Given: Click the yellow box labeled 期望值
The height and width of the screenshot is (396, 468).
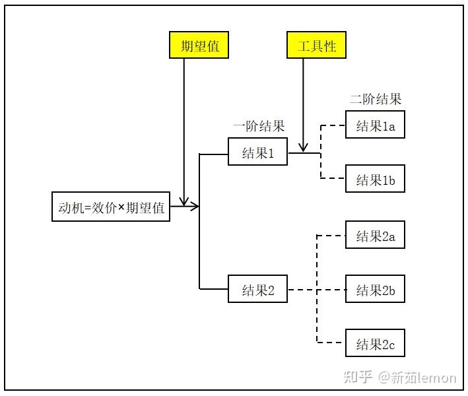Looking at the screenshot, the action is tap(199, 45).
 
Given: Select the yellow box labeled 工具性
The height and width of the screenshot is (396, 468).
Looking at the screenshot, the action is tap(316, 45).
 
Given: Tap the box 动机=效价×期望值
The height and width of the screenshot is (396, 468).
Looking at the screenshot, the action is tap(111, 207).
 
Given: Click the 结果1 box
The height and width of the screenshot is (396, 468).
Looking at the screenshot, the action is tap(257, 152).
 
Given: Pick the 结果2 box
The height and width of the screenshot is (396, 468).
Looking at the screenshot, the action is tap(257, 289).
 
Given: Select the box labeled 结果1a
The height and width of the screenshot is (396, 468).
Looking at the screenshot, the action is tap(375, 125).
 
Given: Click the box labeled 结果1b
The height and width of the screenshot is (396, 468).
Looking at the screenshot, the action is tap(375, 178).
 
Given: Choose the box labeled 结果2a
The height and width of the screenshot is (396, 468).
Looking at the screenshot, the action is tap(375, 235).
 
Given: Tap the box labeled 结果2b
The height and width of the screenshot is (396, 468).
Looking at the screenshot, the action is tap(375, 289).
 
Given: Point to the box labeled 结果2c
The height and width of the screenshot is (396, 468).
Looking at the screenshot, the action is tap(375, 343).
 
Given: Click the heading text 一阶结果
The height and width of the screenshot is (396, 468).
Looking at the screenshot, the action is tap(259, 126).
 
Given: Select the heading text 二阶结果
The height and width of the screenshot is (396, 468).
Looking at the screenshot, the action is tap(376, 99).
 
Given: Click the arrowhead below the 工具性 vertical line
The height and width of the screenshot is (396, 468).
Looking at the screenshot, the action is tap(303, 147).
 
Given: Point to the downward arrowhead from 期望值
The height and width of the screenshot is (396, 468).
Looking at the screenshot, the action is tap(184, 201).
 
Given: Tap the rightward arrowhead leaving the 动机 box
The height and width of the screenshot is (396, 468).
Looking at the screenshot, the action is tap(194, 206).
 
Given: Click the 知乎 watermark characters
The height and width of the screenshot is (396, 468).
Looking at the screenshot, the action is tap(358, 377).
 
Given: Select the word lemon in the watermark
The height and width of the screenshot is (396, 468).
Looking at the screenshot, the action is tap(437, 378).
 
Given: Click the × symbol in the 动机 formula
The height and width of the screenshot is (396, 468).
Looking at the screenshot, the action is tap(121, 207).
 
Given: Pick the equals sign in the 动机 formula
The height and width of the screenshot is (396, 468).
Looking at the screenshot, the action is tap(87, 208).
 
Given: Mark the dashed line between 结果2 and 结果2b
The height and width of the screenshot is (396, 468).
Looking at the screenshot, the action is tap(317, 290).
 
